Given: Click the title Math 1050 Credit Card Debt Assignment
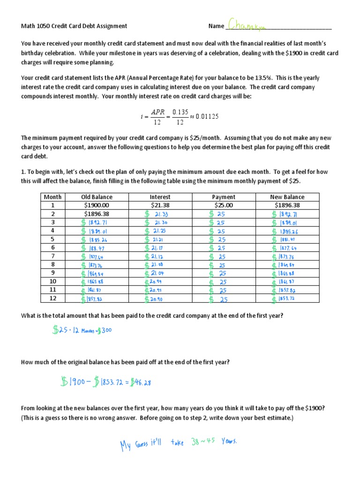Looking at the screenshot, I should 74,26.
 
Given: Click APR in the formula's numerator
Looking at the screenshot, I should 158,112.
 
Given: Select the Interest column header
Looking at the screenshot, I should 160,197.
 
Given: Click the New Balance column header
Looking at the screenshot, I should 287,197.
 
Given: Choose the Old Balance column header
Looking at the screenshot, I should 97,197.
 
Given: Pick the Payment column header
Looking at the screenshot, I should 224,197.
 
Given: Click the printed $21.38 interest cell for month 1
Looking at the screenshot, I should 160,205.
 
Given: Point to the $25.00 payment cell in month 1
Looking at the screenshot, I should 224,205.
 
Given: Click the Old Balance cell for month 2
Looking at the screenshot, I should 97,214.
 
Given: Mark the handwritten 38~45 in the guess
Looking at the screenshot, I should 203,442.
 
